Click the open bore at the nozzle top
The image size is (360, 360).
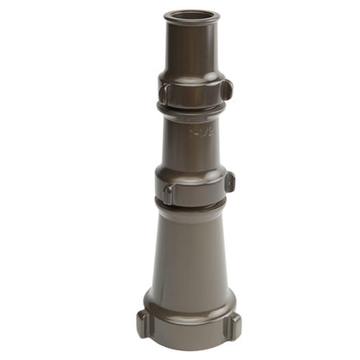click(x=191, y=15)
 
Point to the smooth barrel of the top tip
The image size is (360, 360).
click(x=191, y=48)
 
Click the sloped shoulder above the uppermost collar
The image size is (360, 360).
click(x=192, y=76)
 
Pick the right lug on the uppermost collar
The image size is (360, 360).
click(x=226, y=89)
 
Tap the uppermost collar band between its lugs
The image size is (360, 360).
click(x=195, y=93)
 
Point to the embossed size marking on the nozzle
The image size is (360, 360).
click(x=201, y=132)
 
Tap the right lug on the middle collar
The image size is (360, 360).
click(x=228, y=183)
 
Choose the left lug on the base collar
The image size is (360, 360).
click(x=144, y=324)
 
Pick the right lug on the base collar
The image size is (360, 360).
click(x=232, y=325)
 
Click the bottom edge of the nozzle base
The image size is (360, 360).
click(x=189, y=345)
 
